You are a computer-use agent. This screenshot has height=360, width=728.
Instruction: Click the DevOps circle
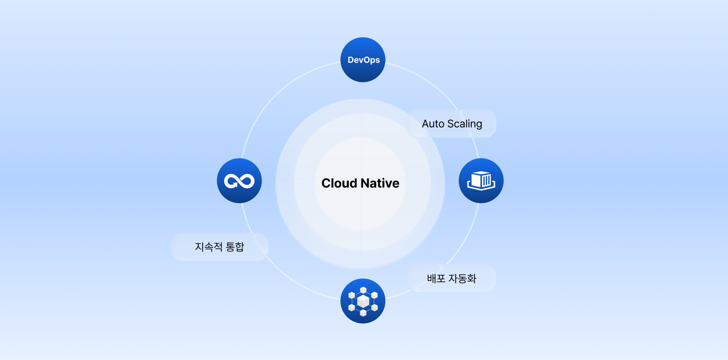(x=363, y=60)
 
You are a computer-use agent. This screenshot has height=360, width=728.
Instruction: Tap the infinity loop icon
(x=239, y=181)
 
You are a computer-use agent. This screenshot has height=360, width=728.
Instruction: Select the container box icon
(x=481, y=181)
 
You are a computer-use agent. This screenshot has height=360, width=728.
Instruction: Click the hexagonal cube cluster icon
(x=363, y=301)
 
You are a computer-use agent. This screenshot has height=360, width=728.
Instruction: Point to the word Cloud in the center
(x=339, y=183)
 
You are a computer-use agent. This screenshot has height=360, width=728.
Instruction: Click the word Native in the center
(x=381, y=183)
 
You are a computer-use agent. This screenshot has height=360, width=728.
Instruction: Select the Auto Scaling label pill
(x=451, y=124)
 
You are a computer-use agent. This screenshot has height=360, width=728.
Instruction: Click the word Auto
(x=433, y=124)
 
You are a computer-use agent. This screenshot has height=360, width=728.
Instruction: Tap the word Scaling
(x=465, y=124)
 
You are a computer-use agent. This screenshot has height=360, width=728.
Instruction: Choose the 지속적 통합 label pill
(x=219, y=247)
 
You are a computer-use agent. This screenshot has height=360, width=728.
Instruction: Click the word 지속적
(x=209, y=247)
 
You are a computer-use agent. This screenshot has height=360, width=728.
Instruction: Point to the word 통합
(x=235, y=247)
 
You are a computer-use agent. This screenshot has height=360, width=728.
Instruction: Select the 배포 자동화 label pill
(x=451, y=278)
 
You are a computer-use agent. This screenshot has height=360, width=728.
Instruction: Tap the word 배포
(x=436, y=278)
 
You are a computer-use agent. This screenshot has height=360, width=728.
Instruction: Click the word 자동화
(x=462, y=278)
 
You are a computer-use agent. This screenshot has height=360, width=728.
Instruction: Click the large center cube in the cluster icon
(x=363, y=301)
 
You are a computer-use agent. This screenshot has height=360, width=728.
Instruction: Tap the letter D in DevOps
(x=351, y=60)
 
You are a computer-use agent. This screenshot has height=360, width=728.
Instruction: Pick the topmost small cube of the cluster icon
(x=363, y=290)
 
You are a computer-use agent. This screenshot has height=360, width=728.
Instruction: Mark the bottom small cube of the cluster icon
(x=363, y=313)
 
